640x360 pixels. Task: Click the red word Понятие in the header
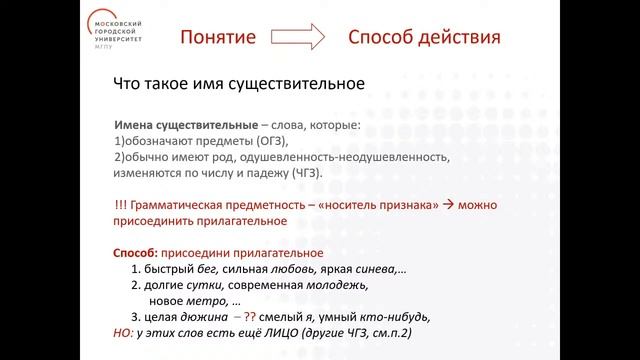pyautogui.click(x=224, y=38)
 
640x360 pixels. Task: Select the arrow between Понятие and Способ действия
pyautogui.click(x=296, y=39)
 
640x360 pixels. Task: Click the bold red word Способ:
pyautogui.click(x=138, y=253)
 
